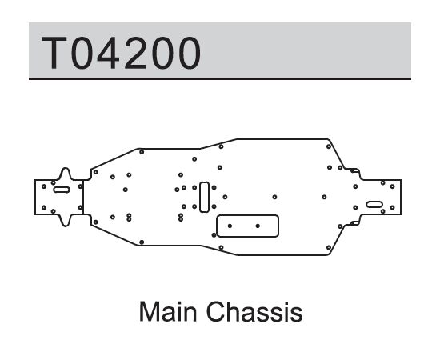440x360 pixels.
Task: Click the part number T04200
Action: (121, 53)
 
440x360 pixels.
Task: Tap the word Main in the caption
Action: (168, 312)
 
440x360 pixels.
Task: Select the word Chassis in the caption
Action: (254, 312)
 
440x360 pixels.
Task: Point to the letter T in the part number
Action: (54, 53)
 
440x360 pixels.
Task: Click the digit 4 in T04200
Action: (108, 53)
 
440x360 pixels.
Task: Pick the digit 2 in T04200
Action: (135, 53)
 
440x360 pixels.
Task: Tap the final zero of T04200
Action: (190, 53)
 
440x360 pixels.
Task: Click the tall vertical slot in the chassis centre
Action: (204, 197)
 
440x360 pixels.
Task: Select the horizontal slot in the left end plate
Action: (62, 190)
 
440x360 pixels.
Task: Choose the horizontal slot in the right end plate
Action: (374, 204)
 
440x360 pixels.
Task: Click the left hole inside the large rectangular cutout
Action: (230, 226)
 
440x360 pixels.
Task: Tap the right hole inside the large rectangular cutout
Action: (258, 226)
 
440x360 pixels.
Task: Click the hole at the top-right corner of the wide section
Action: (329, 146)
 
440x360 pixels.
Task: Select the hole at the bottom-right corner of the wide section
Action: (329, 247)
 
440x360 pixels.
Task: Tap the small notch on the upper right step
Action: (354, 170)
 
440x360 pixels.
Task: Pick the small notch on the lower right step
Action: (354, 223)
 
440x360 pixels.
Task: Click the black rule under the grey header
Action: (220, 79)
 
